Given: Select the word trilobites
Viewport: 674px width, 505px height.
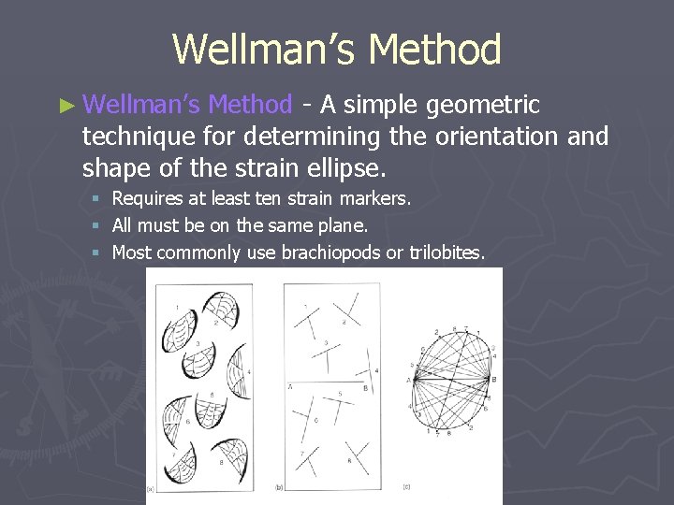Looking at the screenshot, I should point(446,252).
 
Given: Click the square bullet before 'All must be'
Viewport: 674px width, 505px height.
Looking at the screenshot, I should point(97,225).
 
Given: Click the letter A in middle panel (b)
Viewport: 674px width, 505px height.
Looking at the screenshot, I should point(290,385).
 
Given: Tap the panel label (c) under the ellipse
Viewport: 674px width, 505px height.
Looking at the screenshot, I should point(407,487).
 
